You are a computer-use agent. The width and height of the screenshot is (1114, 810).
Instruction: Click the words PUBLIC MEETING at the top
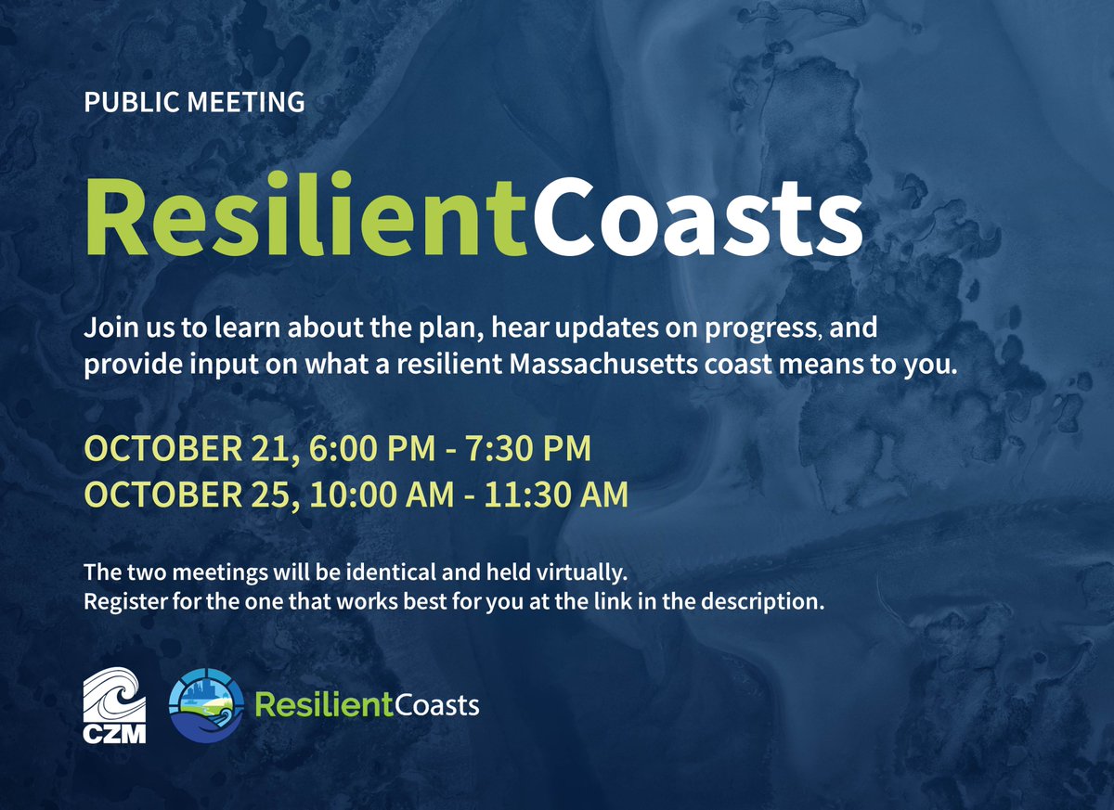pos(194,102)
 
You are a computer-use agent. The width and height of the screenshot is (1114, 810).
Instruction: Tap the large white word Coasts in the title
pos(699,216)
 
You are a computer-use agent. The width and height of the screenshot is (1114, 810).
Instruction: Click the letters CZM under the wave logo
pos(114,733)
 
